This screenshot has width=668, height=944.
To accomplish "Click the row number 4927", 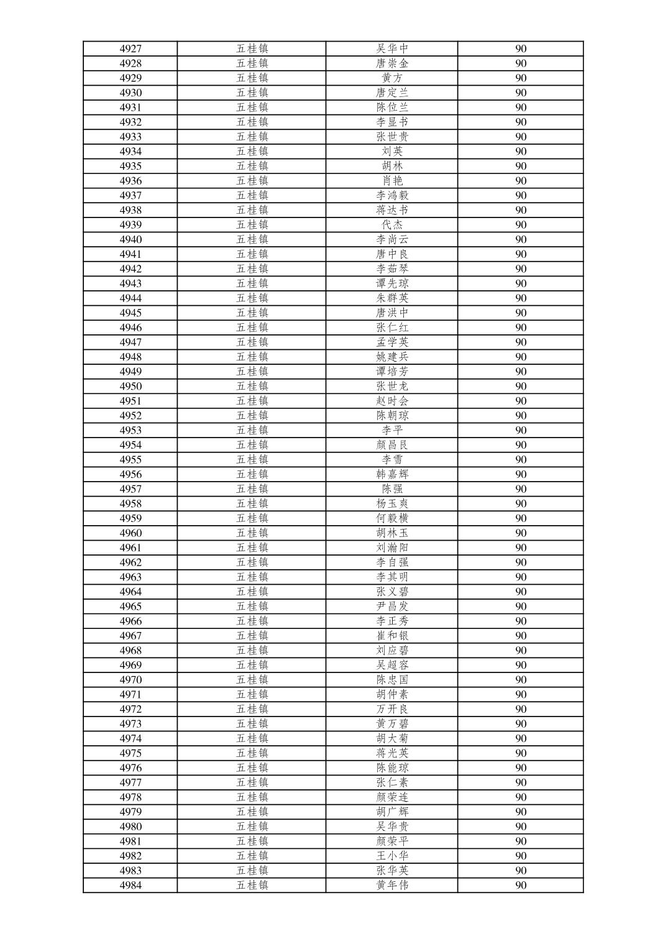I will point(130,48).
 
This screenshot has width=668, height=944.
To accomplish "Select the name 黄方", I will point(392,78).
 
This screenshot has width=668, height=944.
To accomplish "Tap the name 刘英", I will point(392,151).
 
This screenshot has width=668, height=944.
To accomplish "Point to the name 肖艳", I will point(392,181).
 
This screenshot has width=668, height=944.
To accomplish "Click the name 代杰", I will point(392,225).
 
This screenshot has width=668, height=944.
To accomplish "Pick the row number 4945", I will point(130,313).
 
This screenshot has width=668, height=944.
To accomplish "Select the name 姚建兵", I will point(392,357).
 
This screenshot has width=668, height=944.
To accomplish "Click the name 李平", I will point(392,430).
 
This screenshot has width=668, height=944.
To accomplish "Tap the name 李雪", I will point(392,459).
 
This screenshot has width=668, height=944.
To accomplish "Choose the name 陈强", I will point(392,489).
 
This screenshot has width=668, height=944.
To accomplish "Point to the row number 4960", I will point(130,533).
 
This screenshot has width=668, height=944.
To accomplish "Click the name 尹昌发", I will point(392,607).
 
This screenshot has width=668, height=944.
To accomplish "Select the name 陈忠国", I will point(392,680).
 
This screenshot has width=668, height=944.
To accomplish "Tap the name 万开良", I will point(392,709).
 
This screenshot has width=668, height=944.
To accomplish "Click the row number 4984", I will point(130,885).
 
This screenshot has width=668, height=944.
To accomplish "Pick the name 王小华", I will point(392,856).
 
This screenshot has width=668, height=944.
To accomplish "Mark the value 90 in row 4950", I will point(521,386).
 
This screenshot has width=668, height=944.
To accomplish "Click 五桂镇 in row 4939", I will point(252,225).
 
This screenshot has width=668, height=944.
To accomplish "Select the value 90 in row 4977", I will point(521,782).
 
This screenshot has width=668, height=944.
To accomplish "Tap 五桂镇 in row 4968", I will point(252,650).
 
